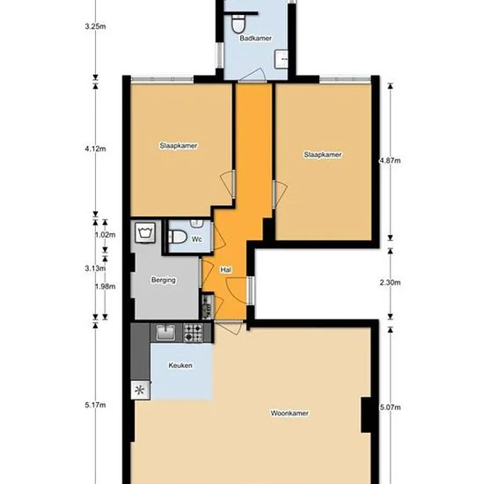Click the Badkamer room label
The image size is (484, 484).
point(255,38)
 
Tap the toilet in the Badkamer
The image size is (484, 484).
point(238,24)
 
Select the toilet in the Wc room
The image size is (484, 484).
point(177,237)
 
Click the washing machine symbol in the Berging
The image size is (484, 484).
point(145,232)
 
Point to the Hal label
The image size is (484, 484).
point(225,270)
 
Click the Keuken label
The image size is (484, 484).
point(180,365)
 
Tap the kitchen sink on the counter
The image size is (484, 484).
point(165,333)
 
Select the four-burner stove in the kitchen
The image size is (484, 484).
point(194,333)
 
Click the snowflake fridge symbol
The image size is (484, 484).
point(140,390)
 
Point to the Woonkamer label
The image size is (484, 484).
point(290,413)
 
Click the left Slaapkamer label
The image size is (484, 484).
point(179,146)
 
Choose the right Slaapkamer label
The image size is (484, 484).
point(323,154)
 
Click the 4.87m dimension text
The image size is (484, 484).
point(390,160)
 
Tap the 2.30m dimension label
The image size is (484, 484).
point(390,282)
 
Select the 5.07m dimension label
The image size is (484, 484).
point(390,407)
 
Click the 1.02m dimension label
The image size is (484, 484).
point(105,235)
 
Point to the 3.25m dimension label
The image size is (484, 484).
point(95,26)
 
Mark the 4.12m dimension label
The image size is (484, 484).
point(95,149)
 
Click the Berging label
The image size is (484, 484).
point(164,280)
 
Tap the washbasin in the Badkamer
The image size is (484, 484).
point(282,59)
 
